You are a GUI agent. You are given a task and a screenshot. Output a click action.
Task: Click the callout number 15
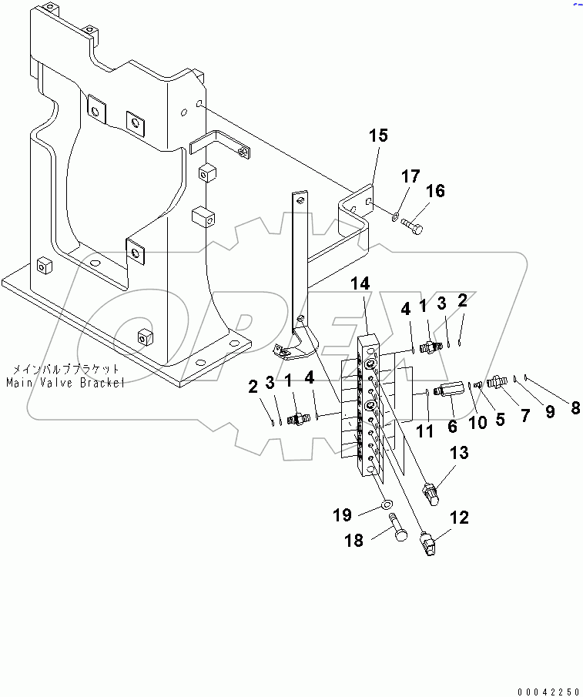378,136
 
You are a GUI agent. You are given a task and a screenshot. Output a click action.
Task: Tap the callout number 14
360,284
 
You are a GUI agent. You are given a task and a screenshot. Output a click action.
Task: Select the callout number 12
459,518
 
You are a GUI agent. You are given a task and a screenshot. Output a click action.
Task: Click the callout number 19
343,514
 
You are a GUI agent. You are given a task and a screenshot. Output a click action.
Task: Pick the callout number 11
424,431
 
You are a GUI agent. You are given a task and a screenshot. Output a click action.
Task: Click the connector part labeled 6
447,390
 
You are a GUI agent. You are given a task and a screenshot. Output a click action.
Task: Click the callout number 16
435,190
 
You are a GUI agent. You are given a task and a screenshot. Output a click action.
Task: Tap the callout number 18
353,541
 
